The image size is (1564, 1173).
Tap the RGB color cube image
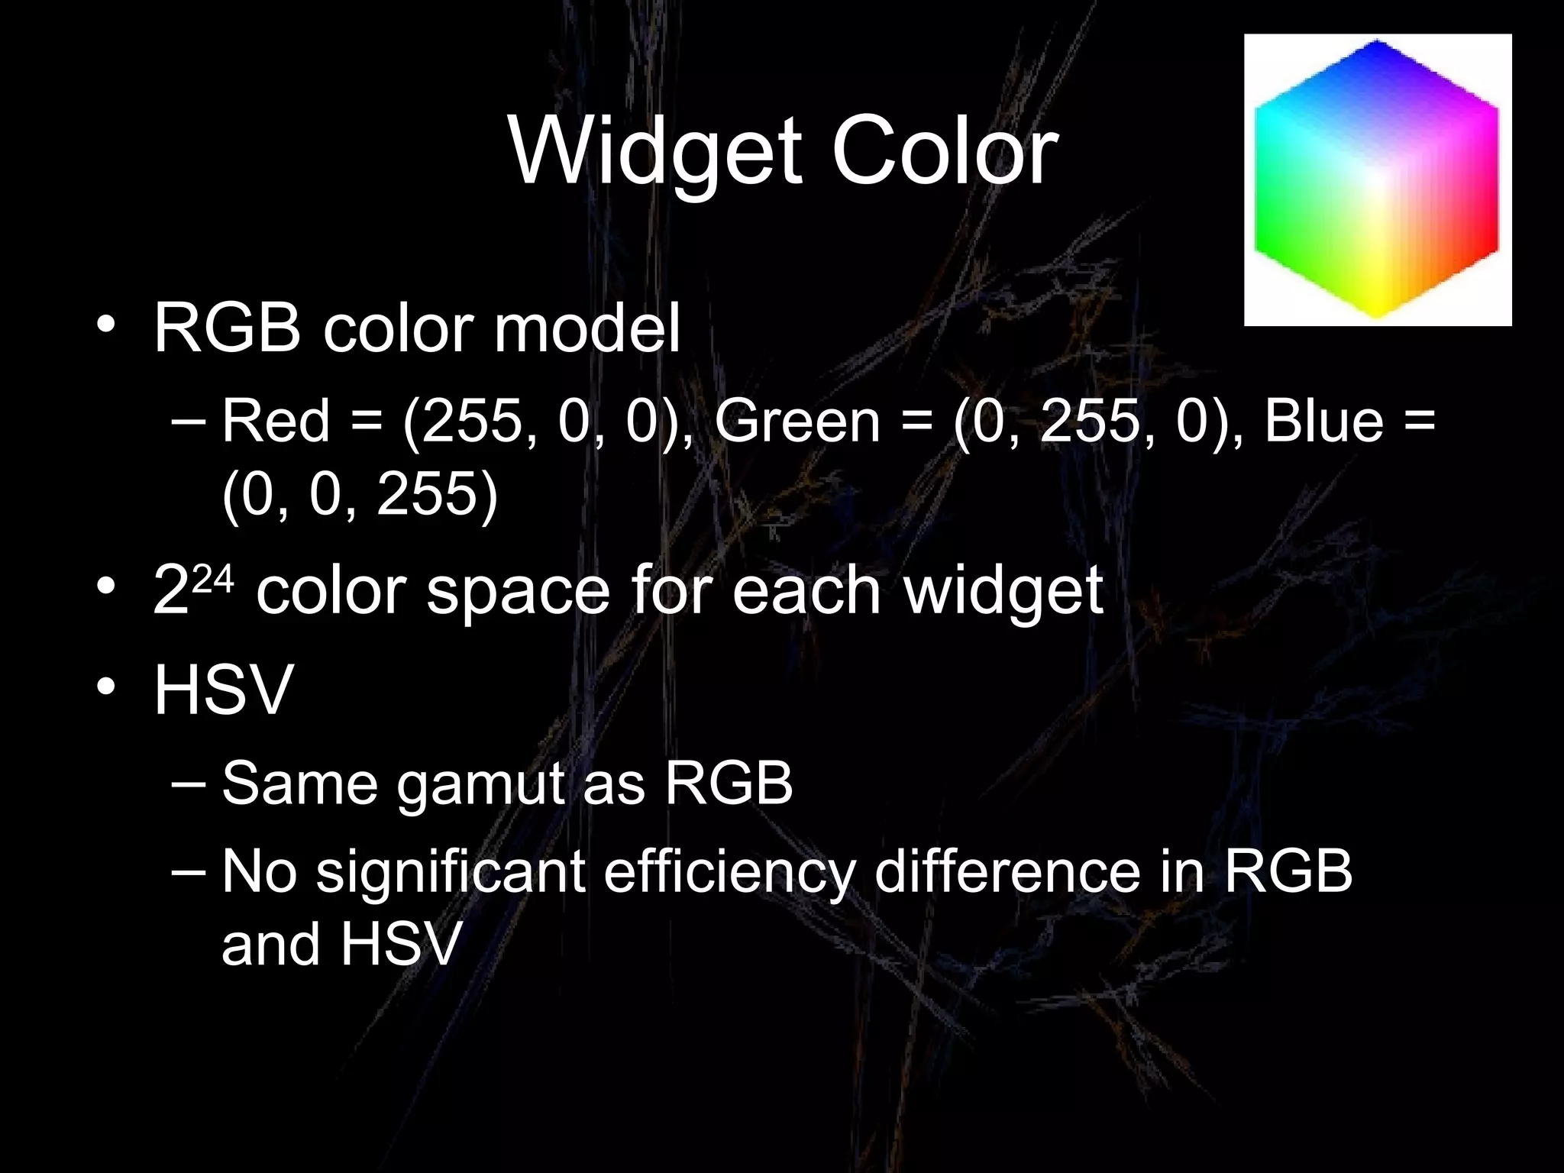(x=1377, y=180)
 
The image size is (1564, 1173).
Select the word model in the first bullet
(x=586, y=329)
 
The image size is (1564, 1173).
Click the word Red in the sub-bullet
(x=276, y=421)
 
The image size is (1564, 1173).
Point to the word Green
(x=797, y=421)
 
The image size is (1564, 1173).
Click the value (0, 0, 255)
(x=360, y=494)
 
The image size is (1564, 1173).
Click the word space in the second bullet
(x=518, y=592)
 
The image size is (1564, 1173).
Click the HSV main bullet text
(x=223, y=690)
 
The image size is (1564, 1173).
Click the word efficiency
(x=729, y=871)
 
